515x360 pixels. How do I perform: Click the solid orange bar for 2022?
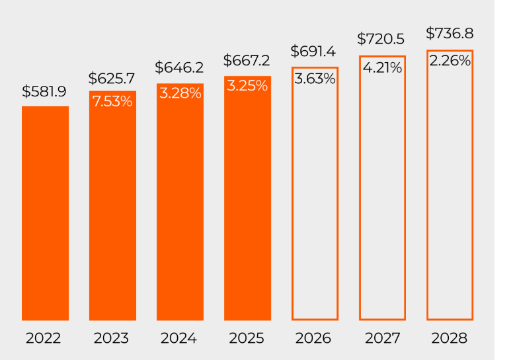45,213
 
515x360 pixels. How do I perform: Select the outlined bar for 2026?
315,198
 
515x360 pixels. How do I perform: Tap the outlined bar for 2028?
450,192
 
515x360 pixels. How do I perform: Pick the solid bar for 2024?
180,205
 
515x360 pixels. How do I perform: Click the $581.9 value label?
44,92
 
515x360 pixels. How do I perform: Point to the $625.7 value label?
111,79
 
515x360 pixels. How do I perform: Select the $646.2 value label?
178,67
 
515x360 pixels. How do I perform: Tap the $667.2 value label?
247,61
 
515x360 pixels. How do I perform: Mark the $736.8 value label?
450,33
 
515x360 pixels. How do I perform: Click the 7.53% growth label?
112,102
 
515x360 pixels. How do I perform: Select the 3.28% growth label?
180,93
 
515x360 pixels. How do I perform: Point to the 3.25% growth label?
247,86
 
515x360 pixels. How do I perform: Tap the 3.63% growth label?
315,79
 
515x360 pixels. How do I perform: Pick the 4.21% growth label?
382,67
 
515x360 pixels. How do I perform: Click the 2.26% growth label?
450,61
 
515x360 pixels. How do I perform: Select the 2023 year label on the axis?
111,338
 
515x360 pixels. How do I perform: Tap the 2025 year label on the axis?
247,338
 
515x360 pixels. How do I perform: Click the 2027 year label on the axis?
382,338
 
